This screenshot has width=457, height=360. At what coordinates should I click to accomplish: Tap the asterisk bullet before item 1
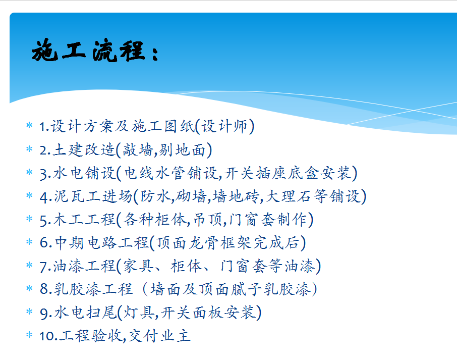[29, 125]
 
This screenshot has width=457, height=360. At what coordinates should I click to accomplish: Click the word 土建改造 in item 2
[84, 149]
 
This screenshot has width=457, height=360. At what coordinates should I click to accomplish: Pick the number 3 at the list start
[43, 174]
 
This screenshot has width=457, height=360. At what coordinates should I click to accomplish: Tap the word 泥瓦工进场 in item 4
[93, 196]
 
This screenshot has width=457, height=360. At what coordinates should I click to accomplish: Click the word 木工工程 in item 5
[85, 220]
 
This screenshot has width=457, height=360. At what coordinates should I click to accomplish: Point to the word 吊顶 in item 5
[208, 220]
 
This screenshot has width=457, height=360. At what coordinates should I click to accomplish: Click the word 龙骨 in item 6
[203, 243]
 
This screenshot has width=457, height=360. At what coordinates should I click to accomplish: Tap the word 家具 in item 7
[138, 266]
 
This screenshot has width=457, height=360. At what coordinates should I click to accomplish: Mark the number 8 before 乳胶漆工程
[44, 289]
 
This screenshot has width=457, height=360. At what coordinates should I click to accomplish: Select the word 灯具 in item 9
[139, 313]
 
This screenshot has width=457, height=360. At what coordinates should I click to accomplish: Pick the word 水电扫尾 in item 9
[86, 313]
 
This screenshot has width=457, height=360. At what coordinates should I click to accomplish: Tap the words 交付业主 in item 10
[159, 336]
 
